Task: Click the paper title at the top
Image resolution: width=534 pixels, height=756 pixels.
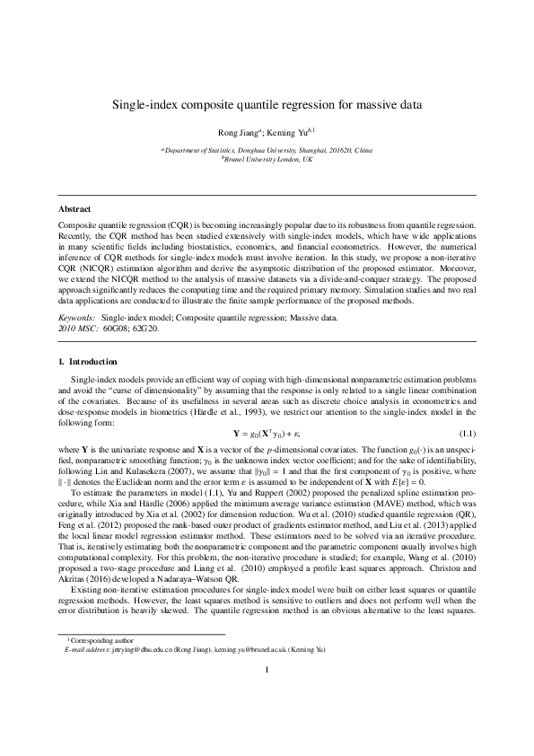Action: click(x=267, y=105)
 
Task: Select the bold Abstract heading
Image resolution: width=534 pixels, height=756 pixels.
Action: click(x=74, y=209)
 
